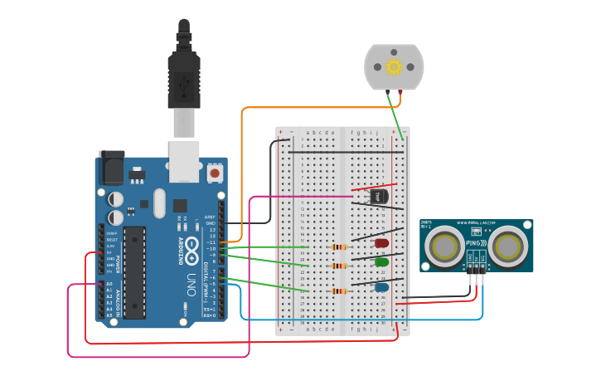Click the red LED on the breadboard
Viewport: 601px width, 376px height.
coord(381,243)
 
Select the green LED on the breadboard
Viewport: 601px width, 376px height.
coord(381,262)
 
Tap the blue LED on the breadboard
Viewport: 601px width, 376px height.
coord(381,287)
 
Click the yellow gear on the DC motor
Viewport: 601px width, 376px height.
coord(394,66)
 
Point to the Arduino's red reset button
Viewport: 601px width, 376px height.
coord(216,173)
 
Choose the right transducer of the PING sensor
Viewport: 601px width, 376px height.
coord(506,246)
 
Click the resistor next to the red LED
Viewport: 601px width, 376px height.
coord(338,247)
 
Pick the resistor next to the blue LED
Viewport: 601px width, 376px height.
coord(338,291)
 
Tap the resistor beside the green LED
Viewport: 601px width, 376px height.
coord(338,266)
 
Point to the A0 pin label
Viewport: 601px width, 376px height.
coord(109,285)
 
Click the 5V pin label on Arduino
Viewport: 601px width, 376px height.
coord(110,252)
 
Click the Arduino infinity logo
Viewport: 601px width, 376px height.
coord(191,247)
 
